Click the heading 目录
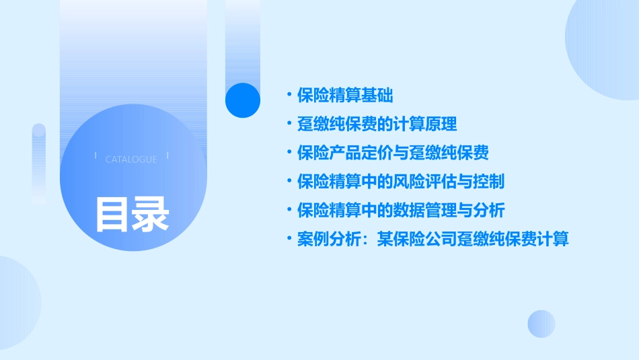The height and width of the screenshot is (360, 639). click(132, 214)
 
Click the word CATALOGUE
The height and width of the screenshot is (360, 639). click(131, 159)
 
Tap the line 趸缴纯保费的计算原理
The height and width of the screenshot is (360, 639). click(377, 124)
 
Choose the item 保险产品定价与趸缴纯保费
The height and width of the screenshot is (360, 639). click(393, 153)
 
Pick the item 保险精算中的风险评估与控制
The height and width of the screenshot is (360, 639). click(401, 182)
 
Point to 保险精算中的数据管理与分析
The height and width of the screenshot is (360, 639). click(401, 211)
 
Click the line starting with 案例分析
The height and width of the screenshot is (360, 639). click(433, 240)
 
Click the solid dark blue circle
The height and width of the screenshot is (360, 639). click(243, 100)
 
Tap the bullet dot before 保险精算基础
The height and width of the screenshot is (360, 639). click(289, 95)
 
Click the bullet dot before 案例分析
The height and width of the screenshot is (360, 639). click(289, 240)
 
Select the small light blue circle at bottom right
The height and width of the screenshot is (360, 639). click(541, 324)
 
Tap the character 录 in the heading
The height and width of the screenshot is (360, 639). click(150, 214)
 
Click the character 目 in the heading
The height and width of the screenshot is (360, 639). click(112, 214)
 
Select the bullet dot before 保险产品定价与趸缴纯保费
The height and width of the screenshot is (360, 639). click(289, 153)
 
